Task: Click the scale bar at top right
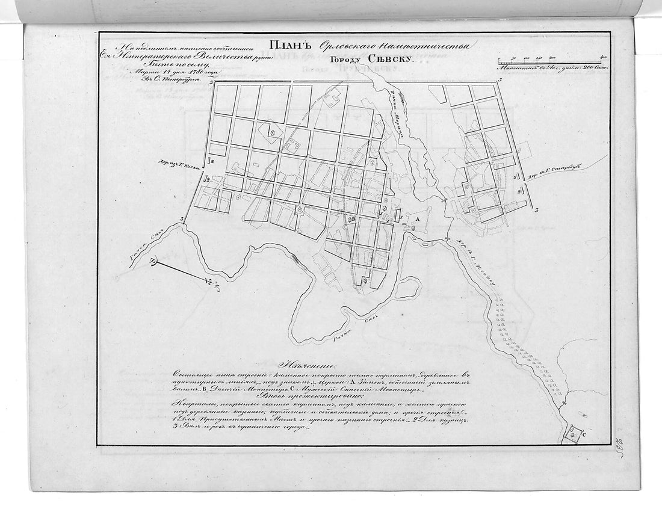(551, 62)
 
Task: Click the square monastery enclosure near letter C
(573, 433)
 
